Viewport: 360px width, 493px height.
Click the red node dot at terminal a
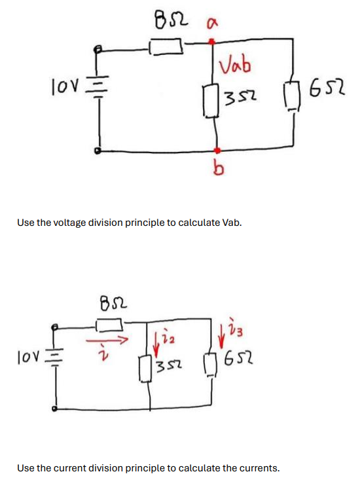[x=211, y=41]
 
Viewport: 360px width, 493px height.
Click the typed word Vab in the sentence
[x=231, y=222]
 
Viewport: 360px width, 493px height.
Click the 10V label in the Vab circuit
[x=63, y=85]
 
